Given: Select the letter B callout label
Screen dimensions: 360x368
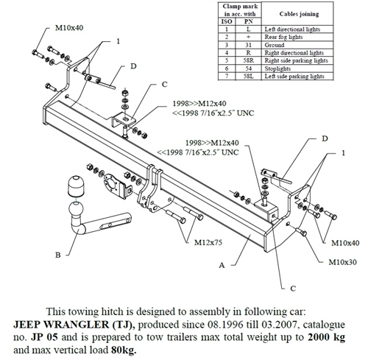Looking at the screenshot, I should [x=58, y=255].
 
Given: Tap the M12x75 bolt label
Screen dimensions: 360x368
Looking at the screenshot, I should [x=208, y=240].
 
